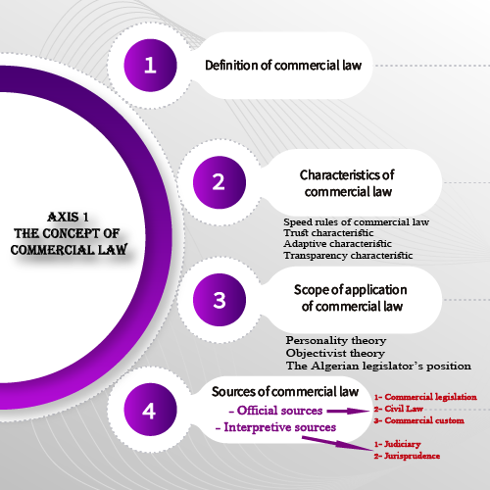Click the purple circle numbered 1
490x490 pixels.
point(150,66)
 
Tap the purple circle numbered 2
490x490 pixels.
point(220,182)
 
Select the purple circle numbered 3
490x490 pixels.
point(220,300)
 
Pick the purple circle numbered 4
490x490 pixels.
point(150,410)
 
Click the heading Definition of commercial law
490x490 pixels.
point(283,66)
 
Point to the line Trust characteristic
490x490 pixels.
point(328,233)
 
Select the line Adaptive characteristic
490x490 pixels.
point(337,244)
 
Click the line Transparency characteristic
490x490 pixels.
point(348,255)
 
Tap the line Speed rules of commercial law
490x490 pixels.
point(356,222)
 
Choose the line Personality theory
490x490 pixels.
point(336,340)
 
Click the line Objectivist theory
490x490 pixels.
point(335,353)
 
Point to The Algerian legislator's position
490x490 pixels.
point(378,366)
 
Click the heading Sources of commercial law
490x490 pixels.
point(285,391)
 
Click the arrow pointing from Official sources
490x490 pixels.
point(348,411)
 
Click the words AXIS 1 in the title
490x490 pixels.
point(68,217)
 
